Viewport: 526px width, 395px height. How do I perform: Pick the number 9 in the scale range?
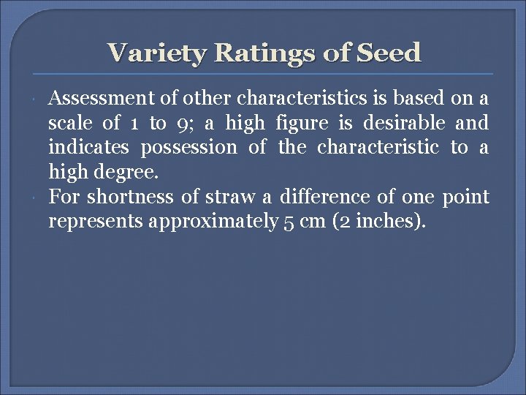(x=183, y=123)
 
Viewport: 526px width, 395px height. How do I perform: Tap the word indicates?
(x=88, y=147)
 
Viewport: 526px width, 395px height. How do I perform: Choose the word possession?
(x=188, y=147)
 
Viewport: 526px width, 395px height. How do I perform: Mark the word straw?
(x=228, y=197)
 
